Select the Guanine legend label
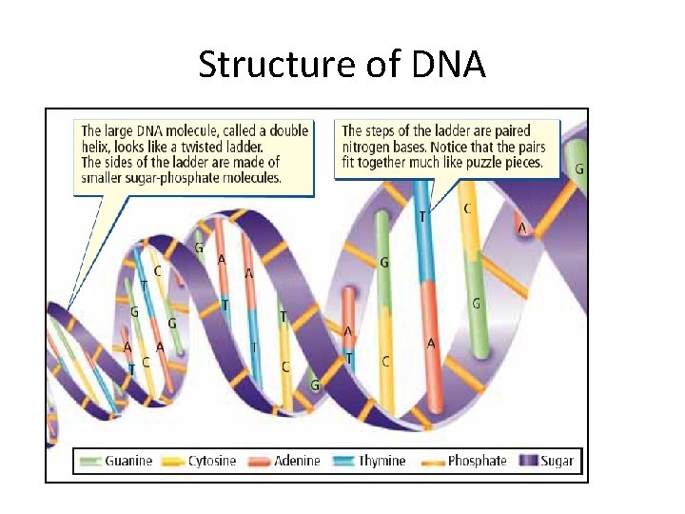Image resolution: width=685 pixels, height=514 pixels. pos(128,461)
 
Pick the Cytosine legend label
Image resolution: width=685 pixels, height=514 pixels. pos(212,461)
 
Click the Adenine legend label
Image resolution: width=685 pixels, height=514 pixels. pos(297,461)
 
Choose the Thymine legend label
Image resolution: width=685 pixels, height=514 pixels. pos(382,461)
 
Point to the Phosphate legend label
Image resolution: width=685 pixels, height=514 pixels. pos(477,461)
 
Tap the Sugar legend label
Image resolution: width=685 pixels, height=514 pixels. pos(557,461)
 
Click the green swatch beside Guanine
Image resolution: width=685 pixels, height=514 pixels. pos(92,462)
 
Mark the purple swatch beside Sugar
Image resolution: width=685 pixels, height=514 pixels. pos(528,462)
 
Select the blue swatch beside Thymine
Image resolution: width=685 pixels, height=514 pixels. pos(344,462)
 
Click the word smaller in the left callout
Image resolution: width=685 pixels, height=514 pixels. pos(105,177)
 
